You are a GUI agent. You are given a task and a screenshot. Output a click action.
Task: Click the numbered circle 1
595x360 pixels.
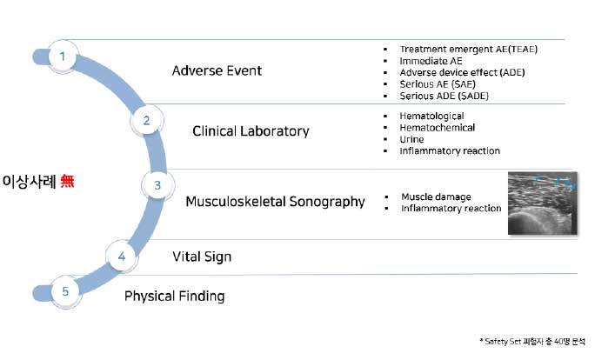[62, 57]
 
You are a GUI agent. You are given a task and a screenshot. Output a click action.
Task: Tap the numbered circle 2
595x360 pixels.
[146, 121]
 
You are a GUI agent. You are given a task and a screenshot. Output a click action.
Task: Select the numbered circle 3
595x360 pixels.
[157, 185]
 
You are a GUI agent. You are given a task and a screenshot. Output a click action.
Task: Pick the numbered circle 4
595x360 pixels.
[122, 256]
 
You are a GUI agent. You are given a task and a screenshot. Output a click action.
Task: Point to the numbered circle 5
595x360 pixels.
[65, 291]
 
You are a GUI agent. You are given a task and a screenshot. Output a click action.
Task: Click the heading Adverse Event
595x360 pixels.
[217, 70]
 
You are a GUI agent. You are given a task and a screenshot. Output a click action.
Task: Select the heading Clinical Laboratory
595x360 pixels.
[251, 131]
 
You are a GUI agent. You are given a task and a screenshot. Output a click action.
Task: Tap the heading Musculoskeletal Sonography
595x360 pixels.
[275, 202]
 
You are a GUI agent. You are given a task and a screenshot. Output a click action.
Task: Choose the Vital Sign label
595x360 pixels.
[202, 257]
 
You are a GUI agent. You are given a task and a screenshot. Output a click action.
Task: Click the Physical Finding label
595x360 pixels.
[174, 296]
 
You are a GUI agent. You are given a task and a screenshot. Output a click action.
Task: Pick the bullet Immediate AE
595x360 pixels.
[431, 61]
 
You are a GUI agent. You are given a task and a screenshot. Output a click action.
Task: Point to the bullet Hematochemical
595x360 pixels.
[437, 128]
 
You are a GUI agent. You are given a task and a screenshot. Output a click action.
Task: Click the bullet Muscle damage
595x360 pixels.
[436, 197]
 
